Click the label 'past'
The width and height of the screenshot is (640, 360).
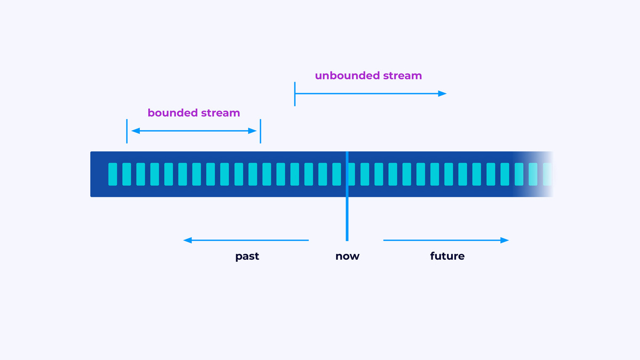pos(247,257)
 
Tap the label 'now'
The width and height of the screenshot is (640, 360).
pos(347,257)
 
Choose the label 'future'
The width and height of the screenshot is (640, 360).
pos(447,257)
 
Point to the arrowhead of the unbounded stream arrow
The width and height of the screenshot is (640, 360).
pos(442,94)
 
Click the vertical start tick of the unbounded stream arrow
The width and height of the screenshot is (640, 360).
pos(295,94)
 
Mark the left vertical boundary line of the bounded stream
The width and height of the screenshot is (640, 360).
pos(127,131)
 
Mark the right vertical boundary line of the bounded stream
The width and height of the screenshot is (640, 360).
pos(260,131)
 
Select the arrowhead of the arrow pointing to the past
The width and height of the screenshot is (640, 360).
pos(188,241)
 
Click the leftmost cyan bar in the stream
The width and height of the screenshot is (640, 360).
pos(113,174)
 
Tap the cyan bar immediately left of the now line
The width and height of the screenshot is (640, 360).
pos(337,174)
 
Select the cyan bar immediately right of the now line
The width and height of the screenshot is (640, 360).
pos(365,174)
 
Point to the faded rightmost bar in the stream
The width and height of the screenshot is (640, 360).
pos(547,174)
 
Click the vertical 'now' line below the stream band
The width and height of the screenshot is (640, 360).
pos(347,219)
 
